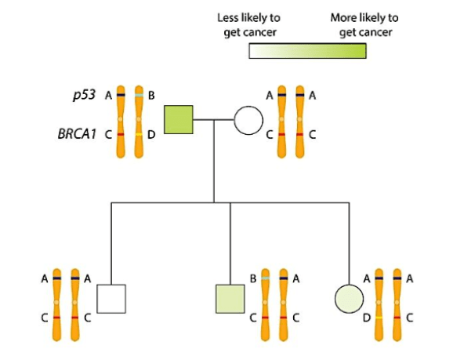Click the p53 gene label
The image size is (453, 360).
(84, 95)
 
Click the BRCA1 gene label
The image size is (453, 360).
(77, 134)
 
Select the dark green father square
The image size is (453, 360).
(179, 120)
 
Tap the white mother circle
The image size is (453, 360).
(248, 120)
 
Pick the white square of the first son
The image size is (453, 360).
(111, 299)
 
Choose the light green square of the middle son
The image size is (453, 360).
(230, 299)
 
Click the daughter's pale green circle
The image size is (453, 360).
(349, 299)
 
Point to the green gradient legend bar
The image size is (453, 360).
(308, 51)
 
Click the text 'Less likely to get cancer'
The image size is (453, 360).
(249, 25)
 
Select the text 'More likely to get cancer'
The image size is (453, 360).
(364, 25)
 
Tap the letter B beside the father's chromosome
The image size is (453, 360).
(151, 95)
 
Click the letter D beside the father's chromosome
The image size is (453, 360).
(151, 134)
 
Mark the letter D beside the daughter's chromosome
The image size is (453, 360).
(367, 318)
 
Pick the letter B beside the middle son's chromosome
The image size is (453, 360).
(253, 278)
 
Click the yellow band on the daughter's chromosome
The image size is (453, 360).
(379, 318)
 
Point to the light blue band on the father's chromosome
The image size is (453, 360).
(139, 95)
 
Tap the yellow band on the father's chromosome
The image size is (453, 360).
(139, 134)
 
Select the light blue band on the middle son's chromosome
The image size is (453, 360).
(265, 278)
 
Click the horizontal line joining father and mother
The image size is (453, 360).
(213, 120)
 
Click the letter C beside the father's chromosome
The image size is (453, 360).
(108, 134)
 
